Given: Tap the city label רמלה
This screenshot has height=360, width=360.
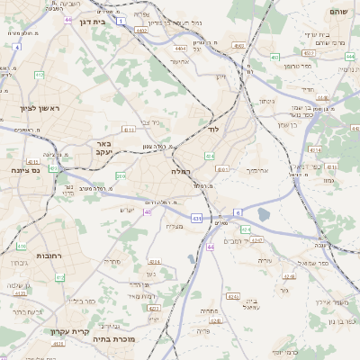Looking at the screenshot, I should click(x=179, y=171).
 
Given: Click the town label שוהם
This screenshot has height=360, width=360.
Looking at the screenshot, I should click(x=337, y=11).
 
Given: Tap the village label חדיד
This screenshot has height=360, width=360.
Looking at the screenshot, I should click(x=307, y=89).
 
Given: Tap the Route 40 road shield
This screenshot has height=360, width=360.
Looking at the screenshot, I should click(x=148, y=212).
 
